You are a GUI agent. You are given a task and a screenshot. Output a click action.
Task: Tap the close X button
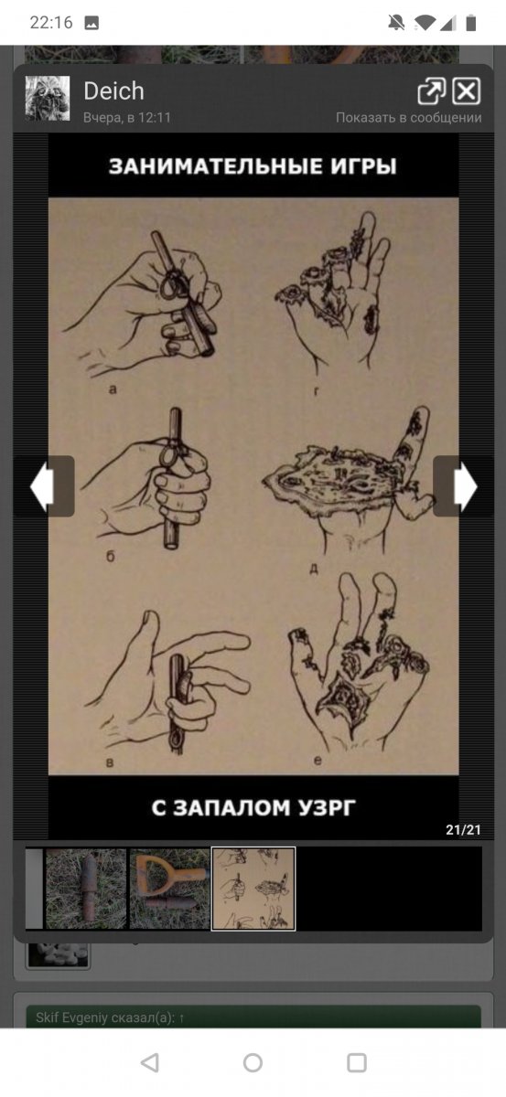tap(466, 91)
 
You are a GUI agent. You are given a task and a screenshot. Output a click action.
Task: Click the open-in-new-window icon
tap(432, 91)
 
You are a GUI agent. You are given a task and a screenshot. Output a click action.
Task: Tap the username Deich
tap(113, 91)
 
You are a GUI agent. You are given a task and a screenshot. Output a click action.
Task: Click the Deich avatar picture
tap(48, 98)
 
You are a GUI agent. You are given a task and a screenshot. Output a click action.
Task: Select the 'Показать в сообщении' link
tap(408, 118)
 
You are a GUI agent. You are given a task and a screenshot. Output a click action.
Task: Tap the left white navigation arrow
tap(42, 486)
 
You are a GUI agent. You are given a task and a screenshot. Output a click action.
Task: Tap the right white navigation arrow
tap(465, 486)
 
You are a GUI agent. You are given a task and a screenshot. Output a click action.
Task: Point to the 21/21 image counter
tap(463, 830)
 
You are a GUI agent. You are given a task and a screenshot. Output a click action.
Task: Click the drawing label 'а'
tap(113, 389)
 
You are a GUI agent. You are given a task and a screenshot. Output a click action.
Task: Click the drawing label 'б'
tap(111, 557)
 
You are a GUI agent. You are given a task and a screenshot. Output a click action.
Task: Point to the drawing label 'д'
tap(314, 568)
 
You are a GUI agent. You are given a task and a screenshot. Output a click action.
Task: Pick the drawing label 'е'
tap(318, 761)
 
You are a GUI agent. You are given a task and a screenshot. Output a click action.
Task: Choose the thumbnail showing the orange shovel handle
tap(169, 889)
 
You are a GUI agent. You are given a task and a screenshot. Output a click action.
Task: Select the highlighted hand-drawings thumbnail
tap(253, 889)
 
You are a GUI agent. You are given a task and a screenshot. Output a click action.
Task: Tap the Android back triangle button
tap(149, 1063)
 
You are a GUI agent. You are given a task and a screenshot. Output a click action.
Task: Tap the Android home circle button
tap(253, 1063)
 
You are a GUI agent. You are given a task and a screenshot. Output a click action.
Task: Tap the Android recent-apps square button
tap(357, 1063)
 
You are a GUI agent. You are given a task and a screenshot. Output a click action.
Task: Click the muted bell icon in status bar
tap(396, 23)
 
